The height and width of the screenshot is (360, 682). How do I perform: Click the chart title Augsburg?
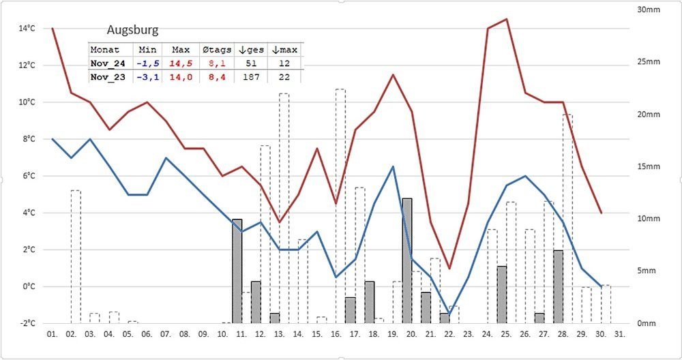point(133,31)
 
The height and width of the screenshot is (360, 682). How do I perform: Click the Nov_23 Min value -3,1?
point(147,77)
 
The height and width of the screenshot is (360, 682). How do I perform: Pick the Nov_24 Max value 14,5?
point(181,63)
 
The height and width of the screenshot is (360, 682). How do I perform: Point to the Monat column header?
point(105,50)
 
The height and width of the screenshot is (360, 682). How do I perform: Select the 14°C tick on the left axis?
point(27,29)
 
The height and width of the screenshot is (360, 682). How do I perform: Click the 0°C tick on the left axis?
point(29,286)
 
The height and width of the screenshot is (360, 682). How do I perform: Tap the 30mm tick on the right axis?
point(649,10)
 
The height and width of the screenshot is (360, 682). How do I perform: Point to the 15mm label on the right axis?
point(649,166)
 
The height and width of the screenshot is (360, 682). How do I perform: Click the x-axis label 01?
point(52,334)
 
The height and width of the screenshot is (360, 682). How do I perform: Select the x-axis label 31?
point(619,334)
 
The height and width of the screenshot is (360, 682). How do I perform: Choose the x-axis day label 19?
point(393,334)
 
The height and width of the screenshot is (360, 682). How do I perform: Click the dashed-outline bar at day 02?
point(76,256)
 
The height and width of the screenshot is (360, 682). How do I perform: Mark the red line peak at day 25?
point(506,19)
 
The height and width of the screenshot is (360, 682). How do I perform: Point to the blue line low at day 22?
point(449,314)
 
